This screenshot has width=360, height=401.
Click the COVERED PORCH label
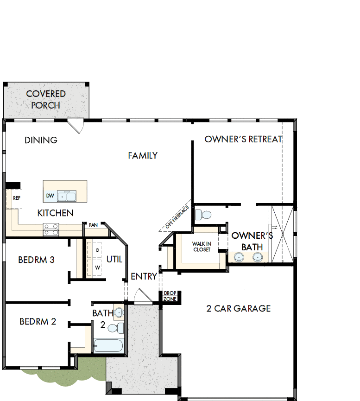point(46,100)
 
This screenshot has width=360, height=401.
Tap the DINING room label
point(41,140)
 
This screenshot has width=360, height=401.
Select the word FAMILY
point(143,156)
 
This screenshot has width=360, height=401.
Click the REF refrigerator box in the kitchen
point(16,198)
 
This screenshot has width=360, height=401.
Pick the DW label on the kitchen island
point(50,196)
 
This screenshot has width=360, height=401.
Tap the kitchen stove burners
point(51,228)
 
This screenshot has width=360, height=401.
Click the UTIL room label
point(114,259)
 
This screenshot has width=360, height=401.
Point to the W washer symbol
point(98,267)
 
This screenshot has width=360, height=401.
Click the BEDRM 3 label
point(37,260)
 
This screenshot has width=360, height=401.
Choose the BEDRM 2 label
point(38,321)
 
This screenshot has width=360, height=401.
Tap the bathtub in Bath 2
point(108,345)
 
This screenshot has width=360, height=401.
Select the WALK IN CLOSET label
point(202,247)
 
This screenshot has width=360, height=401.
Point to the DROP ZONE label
point(169,296)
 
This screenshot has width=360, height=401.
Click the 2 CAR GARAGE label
point(239,308)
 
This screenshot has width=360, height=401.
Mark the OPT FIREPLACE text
point(175,217)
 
